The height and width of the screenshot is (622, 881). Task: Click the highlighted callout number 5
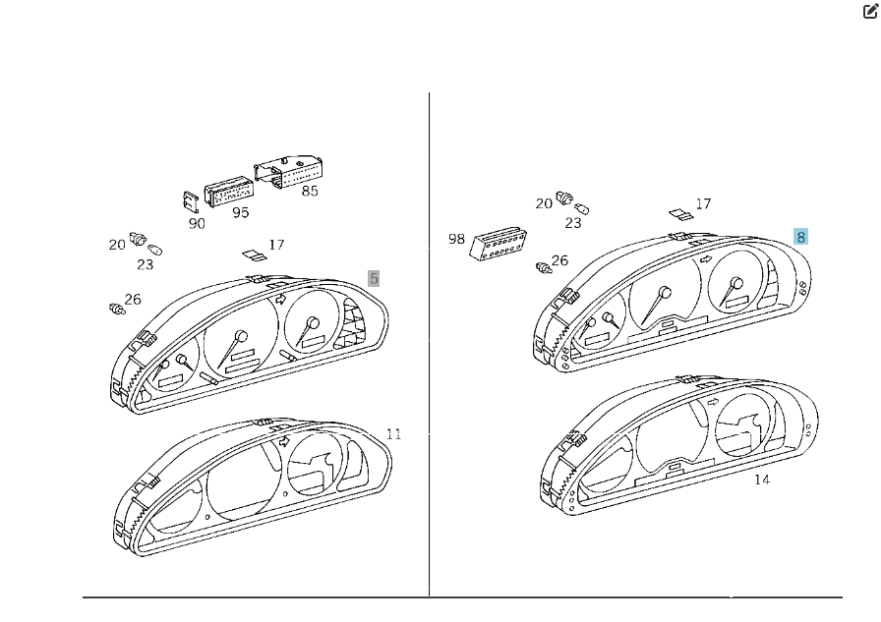click(374, 278)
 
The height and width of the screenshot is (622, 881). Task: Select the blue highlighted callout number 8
click(800, 237)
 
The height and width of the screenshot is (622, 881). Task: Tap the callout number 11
click(394, 434)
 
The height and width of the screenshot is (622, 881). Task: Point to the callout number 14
click(762, 480)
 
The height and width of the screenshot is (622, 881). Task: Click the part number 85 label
click(310, 192)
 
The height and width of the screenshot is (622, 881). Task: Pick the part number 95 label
click(241, 213)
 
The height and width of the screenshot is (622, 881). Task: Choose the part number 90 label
click(197, 224)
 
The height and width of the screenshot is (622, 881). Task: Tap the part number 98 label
click(457, 239)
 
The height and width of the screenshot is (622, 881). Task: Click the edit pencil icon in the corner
click(870, 11)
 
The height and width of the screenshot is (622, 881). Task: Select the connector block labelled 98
click(498, 244)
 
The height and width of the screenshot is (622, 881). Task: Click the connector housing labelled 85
click(288, 171)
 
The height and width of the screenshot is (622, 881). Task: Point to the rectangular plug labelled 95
click(229, 195)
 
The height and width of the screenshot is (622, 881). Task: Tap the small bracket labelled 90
click(191, 200)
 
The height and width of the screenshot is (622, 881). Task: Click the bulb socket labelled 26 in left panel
click(117, 309)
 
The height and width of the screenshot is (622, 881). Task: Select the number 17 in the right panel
click(703, 203)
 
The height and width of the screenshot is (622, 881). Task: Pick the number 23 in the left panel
click(145, 264)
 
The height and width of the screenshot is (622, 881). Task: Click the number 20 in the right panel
click(544, 203)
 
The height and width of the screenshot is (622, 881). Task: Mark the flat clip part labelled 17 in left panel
click(255, 256)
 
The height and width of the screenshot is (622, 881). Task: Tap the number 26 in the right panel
click(559, 260)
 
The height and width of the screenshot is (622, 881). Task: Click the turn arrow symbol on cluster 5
click(281, 300)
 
